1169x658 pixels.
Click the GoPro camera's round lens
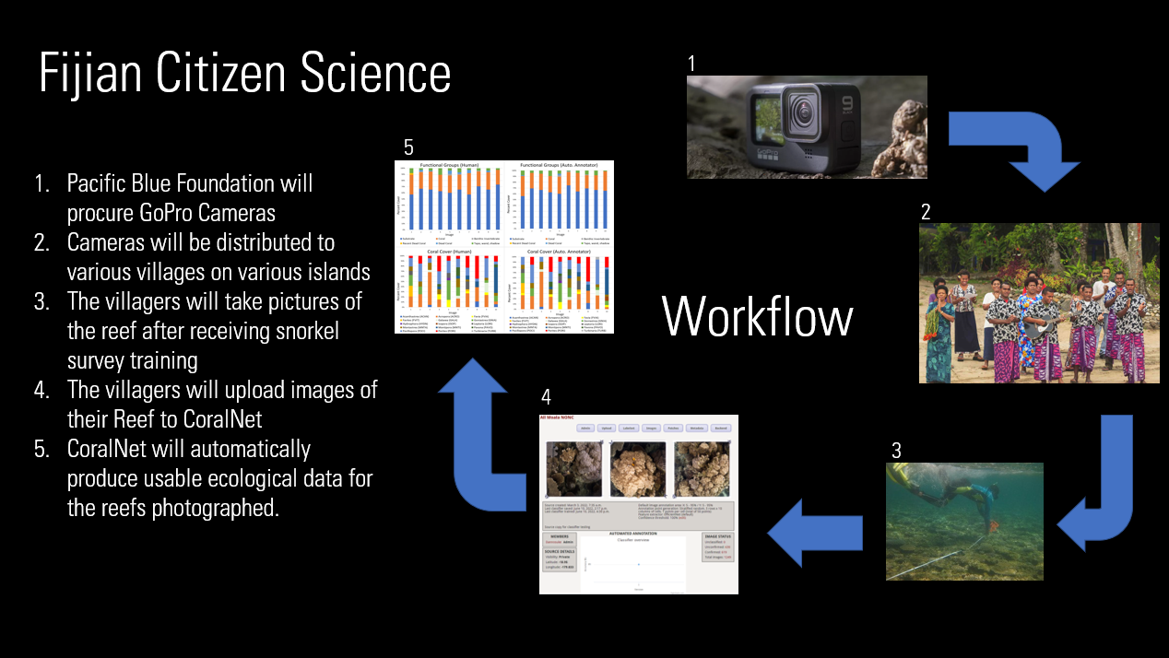[801, 116]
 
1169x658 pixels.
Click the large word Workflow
[757, 317]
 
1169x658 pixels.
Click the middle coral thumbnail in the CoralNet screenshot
[638, 468]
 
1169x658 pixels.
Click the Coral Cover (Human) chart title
[448, 249]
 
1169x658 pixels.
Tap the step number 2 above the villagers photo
[925, 211]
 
